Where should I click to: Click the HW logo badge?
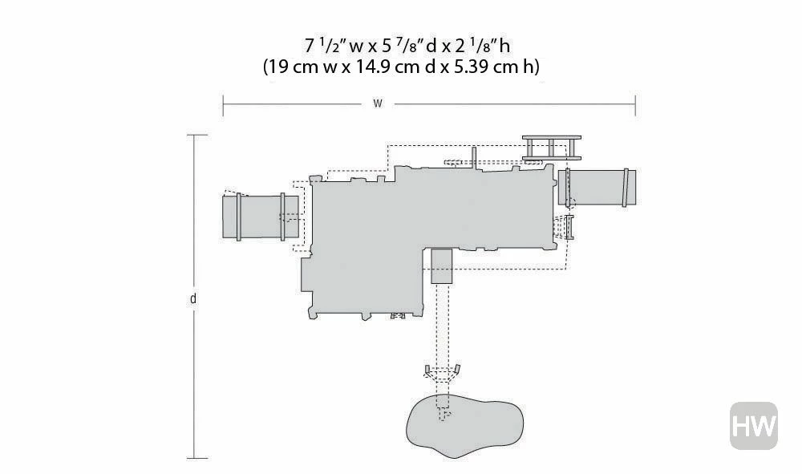pos(753,425)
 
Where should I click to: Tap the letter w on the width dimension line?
pos(378,103)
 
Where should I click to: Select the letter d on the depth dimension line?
pos(192,298)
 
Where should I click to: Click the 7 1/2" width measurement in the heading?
pos(326,46)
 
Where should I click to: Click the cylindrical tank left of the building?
pos(261,217)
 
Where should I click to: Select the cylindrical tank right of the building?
pos(597,188)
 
